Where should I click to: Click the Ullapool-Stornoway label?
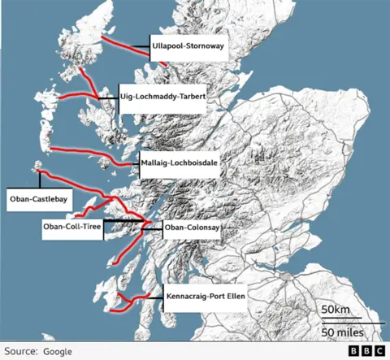[187, 46]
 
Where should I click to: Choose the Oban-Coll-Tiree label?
[72, 231]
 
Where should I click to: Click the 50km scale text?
[335, 310]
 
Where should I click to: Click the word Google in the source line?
[58, 351]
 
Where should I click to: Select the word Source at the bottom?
[20, 351]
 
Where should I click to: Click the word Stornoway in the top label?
[203, 46]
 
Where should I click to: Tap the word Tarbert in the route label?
[190, 96]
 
